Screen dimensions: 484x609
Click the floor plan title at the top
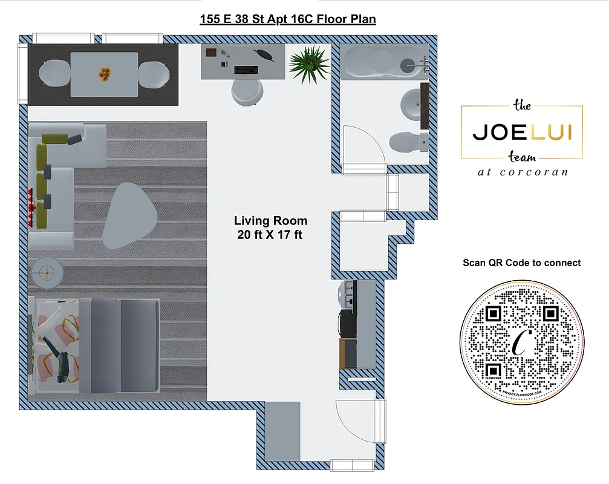point(287,19)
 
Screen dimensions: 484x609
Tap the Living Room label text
point(270,221)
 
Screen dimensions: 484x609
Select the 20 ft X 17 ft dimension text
point(270,235)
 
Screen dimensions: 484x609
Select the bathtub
point(385,63)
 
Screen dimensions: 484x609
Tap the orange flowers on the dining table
point(106,74)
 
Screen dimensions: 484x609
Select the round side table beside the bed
point(46,272)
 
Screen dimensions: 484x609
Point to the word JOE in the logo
point(499,132)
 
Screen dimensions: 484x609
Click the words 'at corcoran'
point(522,172)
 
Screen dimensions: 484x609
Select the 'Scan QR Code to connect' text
point(522,263)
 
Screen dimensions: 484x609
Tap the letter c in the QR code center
point(519,343)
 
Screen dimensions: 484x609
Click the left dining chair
point(54,74)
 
